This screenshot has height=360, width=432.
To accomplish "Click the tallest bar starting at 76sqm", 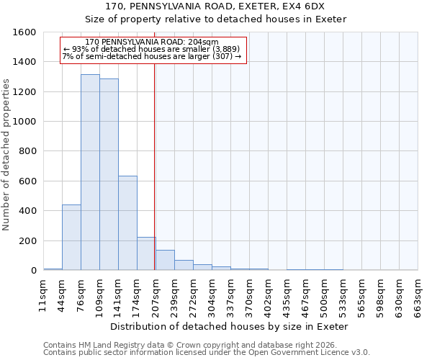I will [x=90, y=173].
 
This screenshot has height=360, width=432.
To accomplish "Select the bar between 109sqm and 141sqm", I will [x=109, y=175].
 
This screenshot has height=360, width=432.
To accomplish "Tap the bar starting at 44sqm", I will [x=71, y=238].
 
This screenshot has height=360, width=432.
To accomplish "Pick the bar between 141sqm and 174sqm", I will [x=127, y=223].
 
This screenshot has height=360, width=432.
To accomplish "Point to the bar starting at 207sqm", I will [x=165, y=260].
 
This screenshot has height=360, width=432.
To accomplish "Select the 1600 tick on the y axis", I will [x=24, y=32].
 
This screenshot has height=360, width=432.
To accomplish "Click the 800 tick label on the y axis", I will [x=27, y=151].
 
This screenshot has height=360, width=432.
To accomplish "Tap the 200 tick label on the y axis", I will [x=27, y=240].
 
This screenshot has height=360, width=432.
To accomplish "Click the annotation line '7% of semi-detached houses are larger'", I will [x=152, y=56].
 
